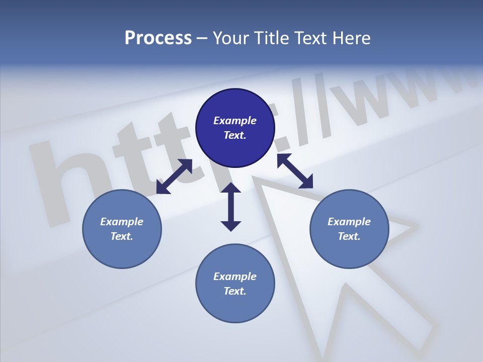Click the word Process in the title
158,38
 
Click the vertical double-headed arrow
231,207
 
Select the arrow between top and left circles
174,176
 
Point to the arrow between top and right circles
295,171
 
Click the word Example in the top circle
235,121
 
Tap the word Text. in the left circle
122,236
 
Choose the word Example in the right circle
349,222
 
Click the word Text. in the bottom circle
235,291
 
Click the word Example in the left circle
122,222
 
